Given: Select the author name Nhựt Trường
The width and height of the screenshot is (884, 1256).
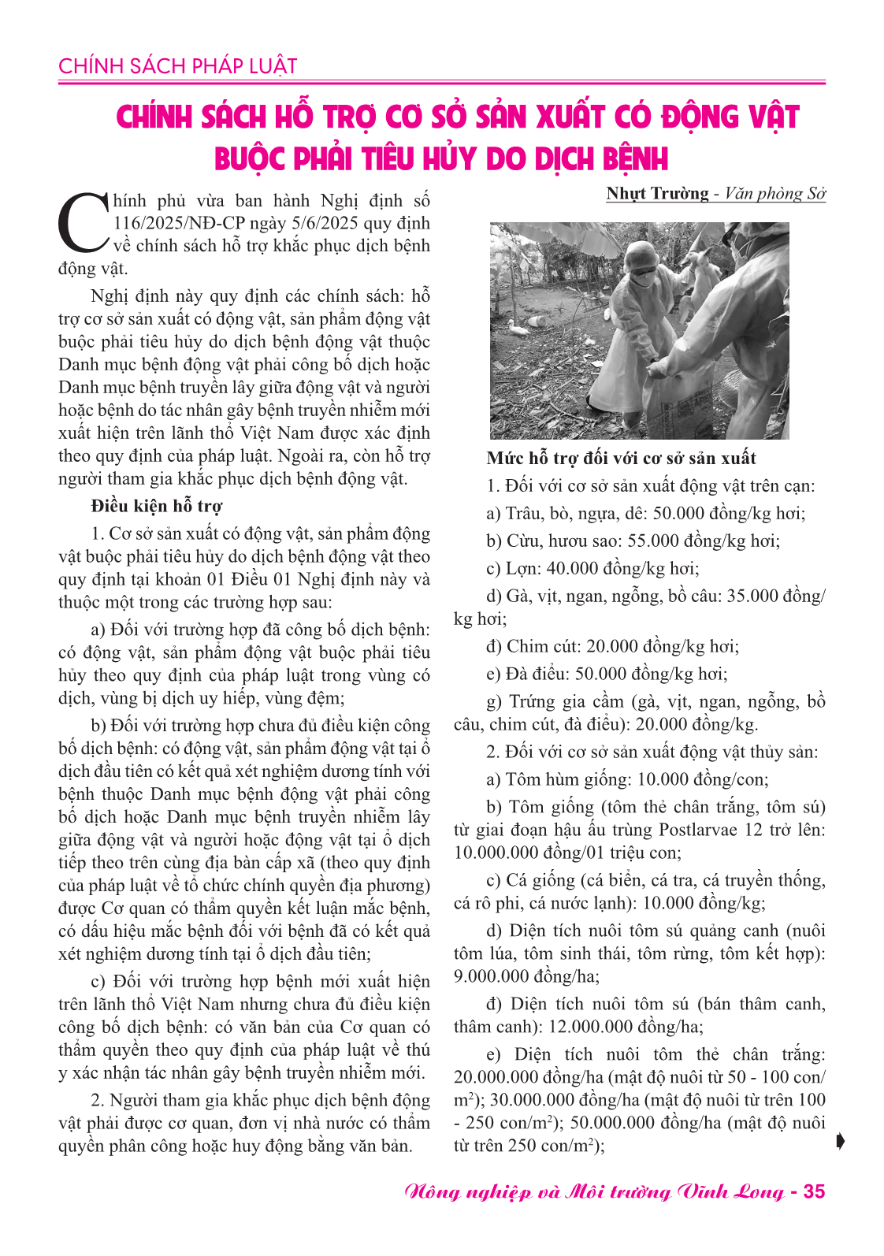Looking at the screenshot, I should click(x=657, y=194).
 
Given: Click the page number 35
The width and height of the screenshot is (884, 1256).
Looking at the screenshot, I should click(x=813, y=1191).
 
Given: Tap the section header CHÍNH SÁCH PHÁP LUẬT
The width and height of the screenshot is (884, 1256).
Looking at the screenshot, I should click(x=177, y=66).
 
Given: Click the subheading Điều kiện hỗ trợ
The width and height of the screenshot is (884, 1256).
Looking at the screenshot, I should click(x=156, y=506).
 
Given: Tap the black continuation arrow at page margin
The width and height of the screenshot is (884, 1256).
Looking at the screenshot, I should click(x=841, y=1141).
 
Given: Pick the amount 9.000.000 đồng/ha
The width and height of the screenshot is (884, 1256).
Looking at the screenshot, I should click(x=526, y=976).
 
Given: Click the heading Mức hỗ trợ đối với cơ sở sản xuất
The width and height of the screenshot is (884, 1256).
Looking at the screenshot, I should click(x=621, y=459).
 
